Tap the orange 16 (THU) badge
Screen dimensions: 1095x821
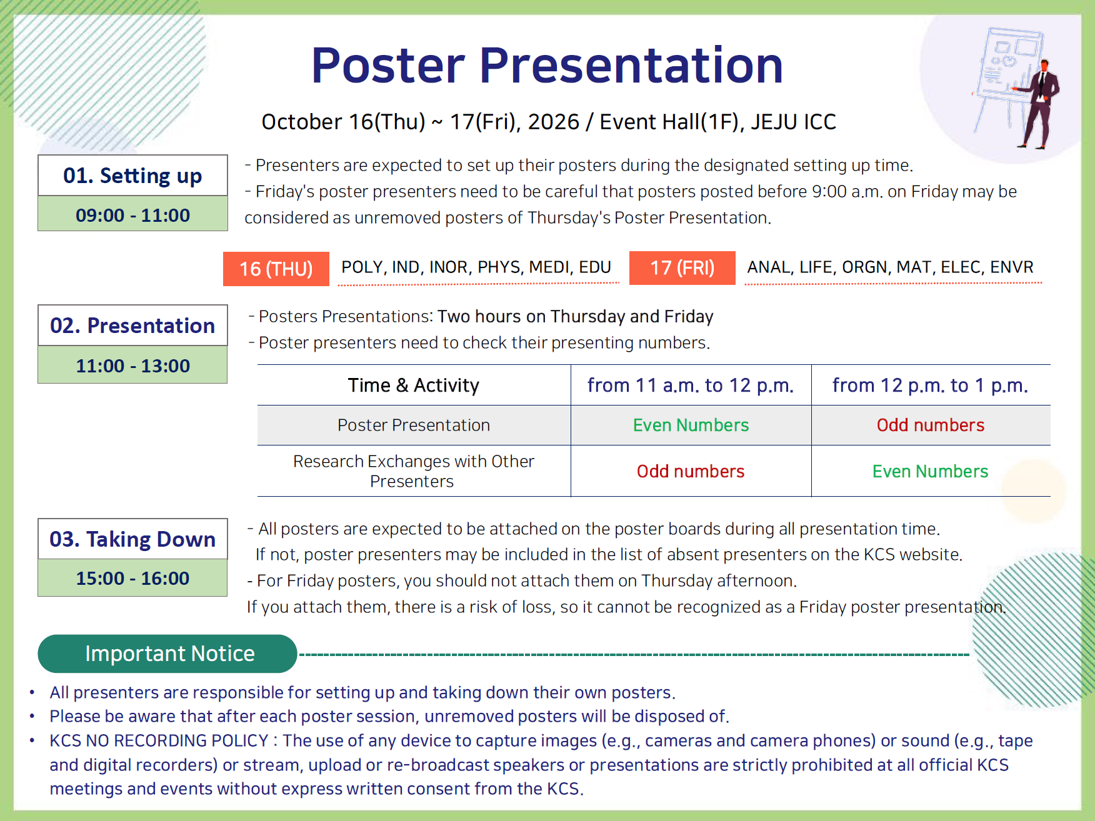pos(276,269)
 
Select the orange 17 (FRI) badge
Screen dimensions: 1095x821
pos(682,268)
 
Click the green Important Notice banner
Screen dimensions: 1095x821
pos(167,654)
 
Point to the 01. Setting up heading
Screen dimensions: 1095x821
pos(132,176)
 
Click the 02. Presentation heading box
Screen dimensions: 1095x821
pos(132,326)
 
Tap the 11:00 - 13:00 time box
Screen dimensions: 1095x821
pos(132,365)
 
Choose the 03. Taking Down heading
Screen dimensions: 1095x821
pos(132,539)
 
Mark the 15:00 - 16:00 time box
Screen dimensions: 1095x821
pos(132,578)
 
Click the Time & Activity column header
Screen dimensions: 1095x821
pos(414,386)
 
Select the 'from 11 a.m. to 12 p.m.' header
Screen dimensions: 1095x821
pos(691,386)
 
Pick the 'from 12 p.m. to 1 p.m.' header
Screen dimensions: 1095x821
pos(930,386)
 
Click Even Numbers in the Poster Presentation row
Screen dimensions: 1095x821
pos(691,425)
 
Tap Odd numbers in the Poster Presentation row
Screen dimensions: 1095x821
pos(930,425)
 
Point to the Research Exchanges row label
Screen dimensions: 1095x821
pos(414,471)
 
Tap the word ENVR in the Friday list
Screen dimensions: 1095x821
pos(1012,267)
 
